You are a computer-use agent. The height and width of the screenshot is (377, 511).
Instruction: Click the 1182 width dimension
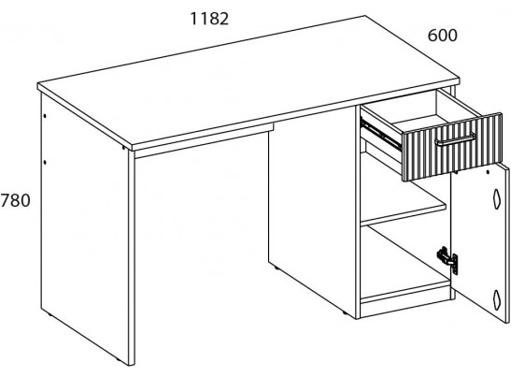[209, 19]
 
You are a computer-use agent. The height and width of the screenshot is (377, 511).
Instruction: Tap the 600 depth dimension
[442, 36]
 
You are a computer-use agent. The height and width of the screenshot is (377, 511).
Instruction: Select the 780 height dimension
[15, 200]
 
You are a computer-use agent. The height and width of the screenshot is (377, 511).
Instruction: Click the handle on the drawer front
[455, 138]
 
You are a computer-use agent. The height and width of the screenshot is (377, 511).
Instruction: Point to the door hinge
[449, 259]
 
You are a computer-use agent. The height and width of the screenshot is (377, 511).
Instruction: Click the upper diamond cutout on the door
[496, 198]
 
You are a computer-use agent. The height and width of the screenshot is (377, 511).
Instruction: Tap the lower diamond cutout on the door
[496, 299]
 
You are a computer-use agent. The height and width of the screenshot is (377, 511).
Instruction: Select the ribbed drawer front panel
[452, 147]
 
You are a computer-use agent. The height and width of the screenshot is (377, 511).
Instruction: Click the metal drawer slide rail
[380, 133]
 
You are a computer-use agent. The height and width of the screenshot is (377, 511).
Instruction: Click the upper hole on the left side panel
[45, 116]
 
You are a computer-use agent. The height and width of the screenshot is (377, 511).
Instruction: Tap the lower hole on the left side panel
[45, 162]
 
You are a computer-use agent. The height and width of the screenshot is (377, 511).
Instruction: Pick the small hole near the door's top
[488, 172]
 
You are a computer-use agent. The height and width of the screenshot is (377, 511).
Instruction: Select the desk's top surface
[248, 81]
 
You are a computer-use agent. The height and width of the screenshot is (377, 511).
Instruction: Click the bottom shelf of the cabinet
[405, 292]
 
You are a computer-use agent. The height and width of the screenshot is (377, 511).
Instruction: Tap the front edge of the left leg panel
[132, 258]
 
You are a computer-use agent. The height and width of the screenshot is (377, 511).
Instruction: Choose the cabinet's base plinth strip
[405, 308]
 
